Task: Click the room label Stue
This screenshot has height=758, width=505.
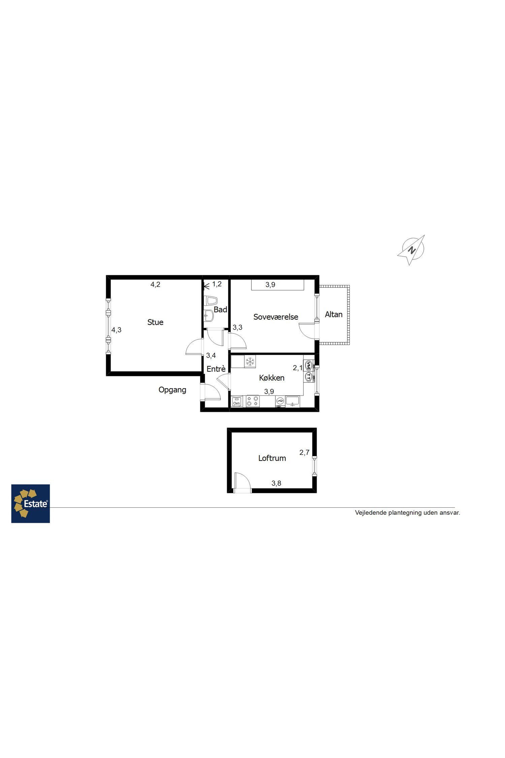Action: tap(155, 322)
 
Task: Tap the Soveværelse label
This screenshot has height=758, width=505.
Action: tap(276, 317)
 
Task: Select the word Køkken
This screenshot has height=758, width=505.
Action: tap(272, 378)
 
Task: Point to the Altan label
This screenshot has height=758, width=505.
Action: tap(334, 314)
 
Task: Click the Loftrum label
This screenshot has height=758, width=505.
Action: tap(272, 458)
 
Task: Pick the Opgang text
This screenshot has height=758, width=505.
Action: tap(172, 390)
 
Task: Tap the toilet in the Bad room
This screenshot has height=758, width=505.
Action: tap(211, 301)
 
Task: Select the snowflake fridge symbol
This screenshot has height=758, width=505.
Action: tap(250, 362)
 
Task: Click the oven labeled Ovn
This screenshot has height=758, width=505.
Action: tap(237, 402)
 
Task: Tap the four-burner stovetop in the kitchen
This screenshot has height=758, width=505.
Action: tap(252, 401)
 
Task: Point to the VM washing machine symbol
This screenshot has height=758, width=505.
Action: tap(308, 365)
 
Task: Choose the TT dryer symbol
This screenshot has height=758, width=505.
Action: tap(308, 376)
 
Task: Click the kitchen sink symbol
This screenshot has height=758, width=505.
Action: tap(293, 401)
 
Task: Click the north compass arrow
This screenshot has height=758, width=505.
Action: tap(411, 250)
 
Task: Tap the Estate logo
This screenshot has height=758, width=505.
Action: tap(31, 504)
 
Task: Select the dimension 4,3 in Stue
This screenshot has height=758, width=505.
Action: tap(116, 330)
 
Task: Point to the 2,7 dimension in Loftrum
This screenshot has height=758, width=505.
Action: tap(304, 452)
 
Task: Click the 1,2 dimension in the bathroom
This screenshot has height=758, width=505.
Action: tap(217, 284)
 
